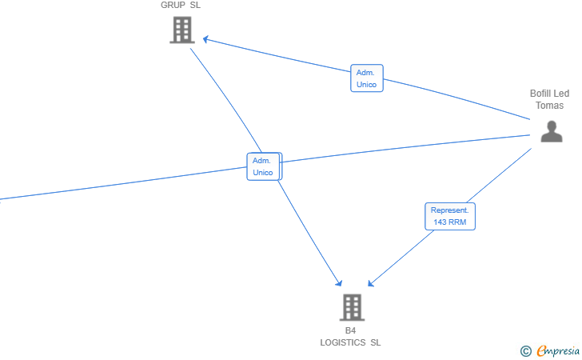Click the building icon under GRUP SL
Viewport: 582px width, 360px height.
click(x=182, y=30)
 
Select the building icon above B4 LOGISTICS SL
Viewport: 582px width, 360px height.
click(x=351, y=307)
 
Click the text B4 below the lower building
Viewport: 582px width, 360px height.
click(x=350, y=330)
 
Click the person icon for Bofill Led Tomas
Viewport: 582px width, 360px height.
click(x=551, y=131)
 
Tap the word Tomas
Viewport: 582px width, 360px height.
click(x=549, y=106)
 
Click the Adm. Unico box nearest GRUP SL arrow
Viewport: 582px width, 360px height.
click(x=366, y=78)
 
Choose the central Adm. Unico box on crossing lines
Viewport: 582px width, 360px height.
click(x=263, y=166)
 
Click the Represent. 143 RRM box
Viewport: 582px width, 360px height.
click(x=449, y=216)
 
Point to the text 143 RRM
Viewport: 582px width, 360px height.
click(x=449, y=222)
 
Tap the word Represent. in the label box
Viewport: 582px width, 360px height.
click(x=449, y=210)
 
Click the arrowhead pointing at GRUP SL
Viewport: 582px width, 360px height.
click(x=205, y=38)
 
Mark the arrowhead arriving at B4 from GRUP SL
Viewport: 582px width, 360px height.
click(x=339, y=283)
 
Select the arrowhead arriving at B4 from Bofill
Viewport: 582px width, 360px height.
click(x=370, y=283)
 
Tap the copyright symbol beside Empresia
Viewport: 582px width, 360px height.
click(x=525, y=350)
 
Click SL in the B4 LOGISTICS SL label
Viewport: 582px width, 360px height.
click(x=376, y=342)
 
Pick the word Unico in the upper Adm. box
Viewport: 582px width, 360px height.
click(x=366, y=85)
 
